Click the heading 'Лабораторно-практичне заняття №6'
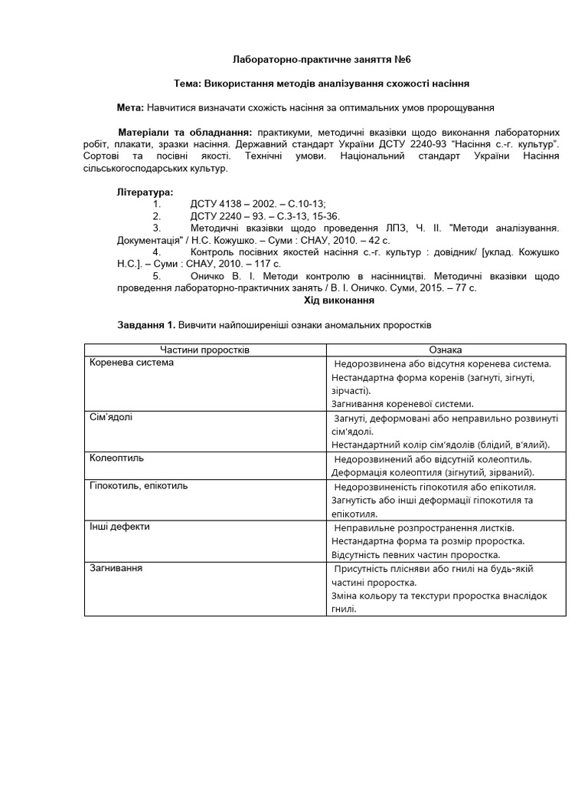tap(293, 59)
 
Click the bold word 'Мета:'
tap(130, 107)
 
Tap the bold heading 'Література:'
tap(145, 191)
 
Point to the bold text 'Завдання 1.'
tap(145, 325)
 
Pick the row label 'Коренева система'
tap(132, 363)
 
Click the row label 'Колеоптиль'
tap(116, 458)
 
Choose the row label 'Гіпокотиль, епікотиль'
tap(139, 486)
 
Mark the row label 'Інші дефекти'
tap(119, 527)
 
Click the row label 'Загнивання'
tap(117, 569)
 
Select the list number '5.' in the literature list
tap(157, 275)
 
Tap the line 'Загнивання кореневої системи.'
tap(403, 403)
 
